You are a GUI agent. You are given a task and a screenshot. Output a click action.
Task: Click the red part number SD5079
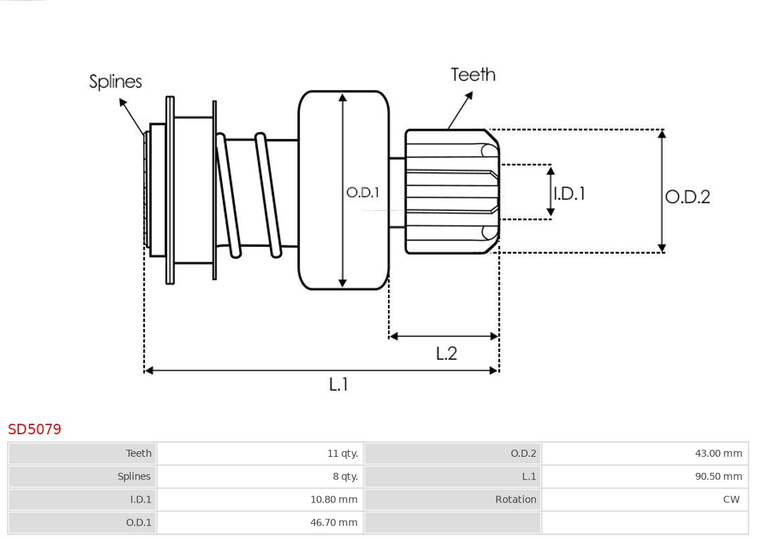pos(34,429)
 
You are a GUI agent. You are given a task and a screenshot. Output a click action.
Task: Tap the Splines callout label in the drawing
pos(115,82)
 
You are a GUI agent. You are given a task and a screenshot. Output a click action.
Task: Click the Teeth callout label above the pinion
pos(473,74)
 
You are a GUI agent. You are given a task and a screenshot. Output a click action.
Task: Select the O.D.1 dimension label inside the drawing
pos(363,192)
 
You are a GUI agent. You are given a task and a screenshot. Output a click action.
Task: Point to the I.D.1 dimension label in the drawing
pos(569,193)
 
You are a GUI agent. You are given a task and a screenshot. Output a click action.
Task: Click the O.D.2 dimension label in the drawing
pos(687,197)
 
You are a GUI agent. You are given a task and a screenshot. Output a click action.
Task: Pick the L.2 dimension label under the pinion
pos(446,353)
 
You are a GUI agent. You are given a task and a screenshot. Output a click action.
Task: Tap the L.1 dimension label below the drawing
pos(339,384)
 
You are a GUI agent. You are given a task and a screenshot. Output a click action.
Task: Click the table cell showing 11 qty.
pos(342,453)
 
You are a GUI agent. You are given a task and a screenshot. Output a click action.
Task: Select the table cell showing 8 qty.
pos(345,476)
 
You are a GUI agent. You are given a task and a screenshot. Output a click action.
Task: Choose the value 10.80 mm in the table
pos(334,500)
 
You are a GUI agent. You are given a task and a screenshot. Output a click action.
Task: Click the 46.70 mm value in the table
pos(334,522)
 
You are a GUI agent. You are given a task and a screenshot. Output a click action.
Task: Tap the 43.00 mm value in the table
pos(718,453)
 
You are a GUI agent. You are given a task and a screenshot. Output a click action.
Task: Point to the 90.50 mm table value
pos(718,476)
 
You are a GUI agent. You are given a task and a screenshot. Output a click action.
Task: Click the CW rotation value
pos(731,500)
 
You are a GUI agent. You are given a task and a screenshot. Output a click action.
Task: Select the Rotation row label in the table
pos(515,500)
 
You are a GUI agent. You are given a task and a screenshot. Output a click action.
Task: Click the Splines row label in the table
pos(134,476)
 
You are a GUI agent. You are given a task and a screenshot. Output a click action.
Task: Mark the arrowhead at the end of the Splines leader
pos(122,103)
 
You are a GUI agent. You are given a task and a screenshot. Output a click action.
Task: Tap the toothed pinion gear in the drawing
pos(450,191)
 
